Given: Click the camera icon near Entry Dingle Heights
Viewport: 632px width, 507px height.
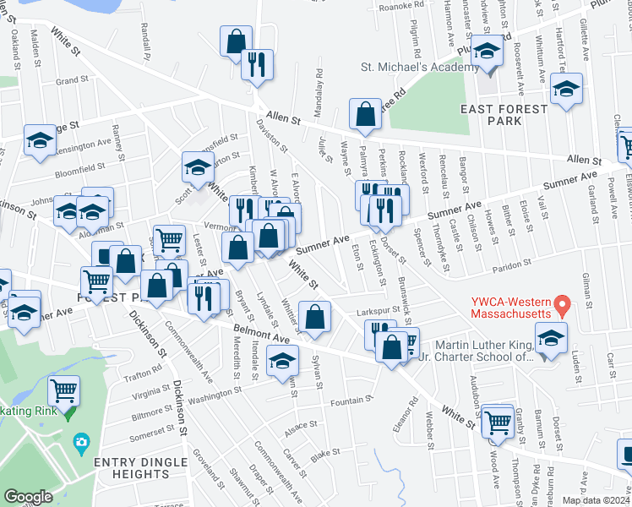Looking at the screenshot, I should (81, 441).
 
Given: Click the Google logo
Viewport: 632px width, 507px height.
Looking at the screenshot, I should (28, 497).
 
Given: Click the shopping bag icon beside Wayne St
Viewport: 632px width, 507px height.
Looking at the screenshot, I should (364, 117).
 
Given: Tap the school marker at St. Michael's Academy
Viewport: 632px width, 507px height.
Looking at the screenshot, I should (488, 53).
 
